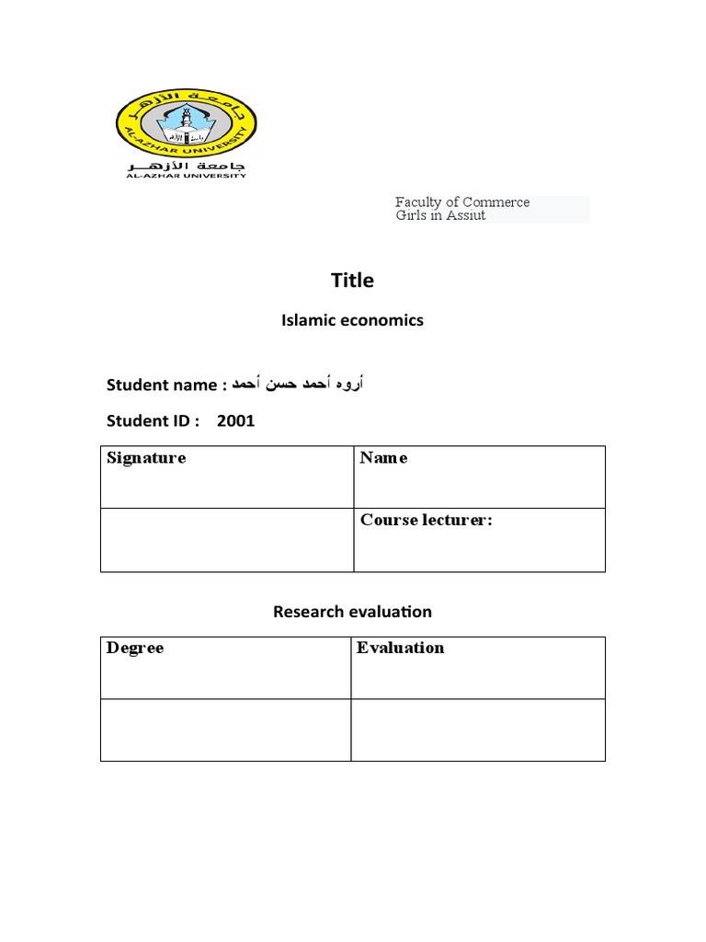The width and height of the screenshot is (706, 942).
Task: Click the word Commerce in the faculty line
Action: [x=495, y=202]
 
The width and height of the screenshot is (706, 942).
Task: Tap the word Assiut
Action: [x=464, y=216]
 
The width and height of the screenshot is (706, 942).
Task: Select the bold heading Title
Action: [x=352, y=281]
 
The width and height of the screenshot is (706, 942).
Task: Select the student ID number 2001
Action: [x=236, y=421]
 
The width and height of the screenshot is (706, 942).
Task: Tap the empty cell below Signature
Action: [x=226, y=539]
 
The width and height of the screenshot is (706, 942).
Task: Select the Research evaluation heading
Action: [x=352, y=612]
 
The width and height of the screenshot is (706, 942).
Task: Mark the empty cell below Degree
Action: [x=225, y=729]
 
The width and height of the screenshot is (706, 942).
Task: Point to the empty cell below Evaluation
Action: [x=478, y=729]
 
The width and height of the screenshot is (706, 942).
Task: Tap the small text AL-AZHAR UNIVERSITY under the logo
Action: [x=186, y=176]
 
